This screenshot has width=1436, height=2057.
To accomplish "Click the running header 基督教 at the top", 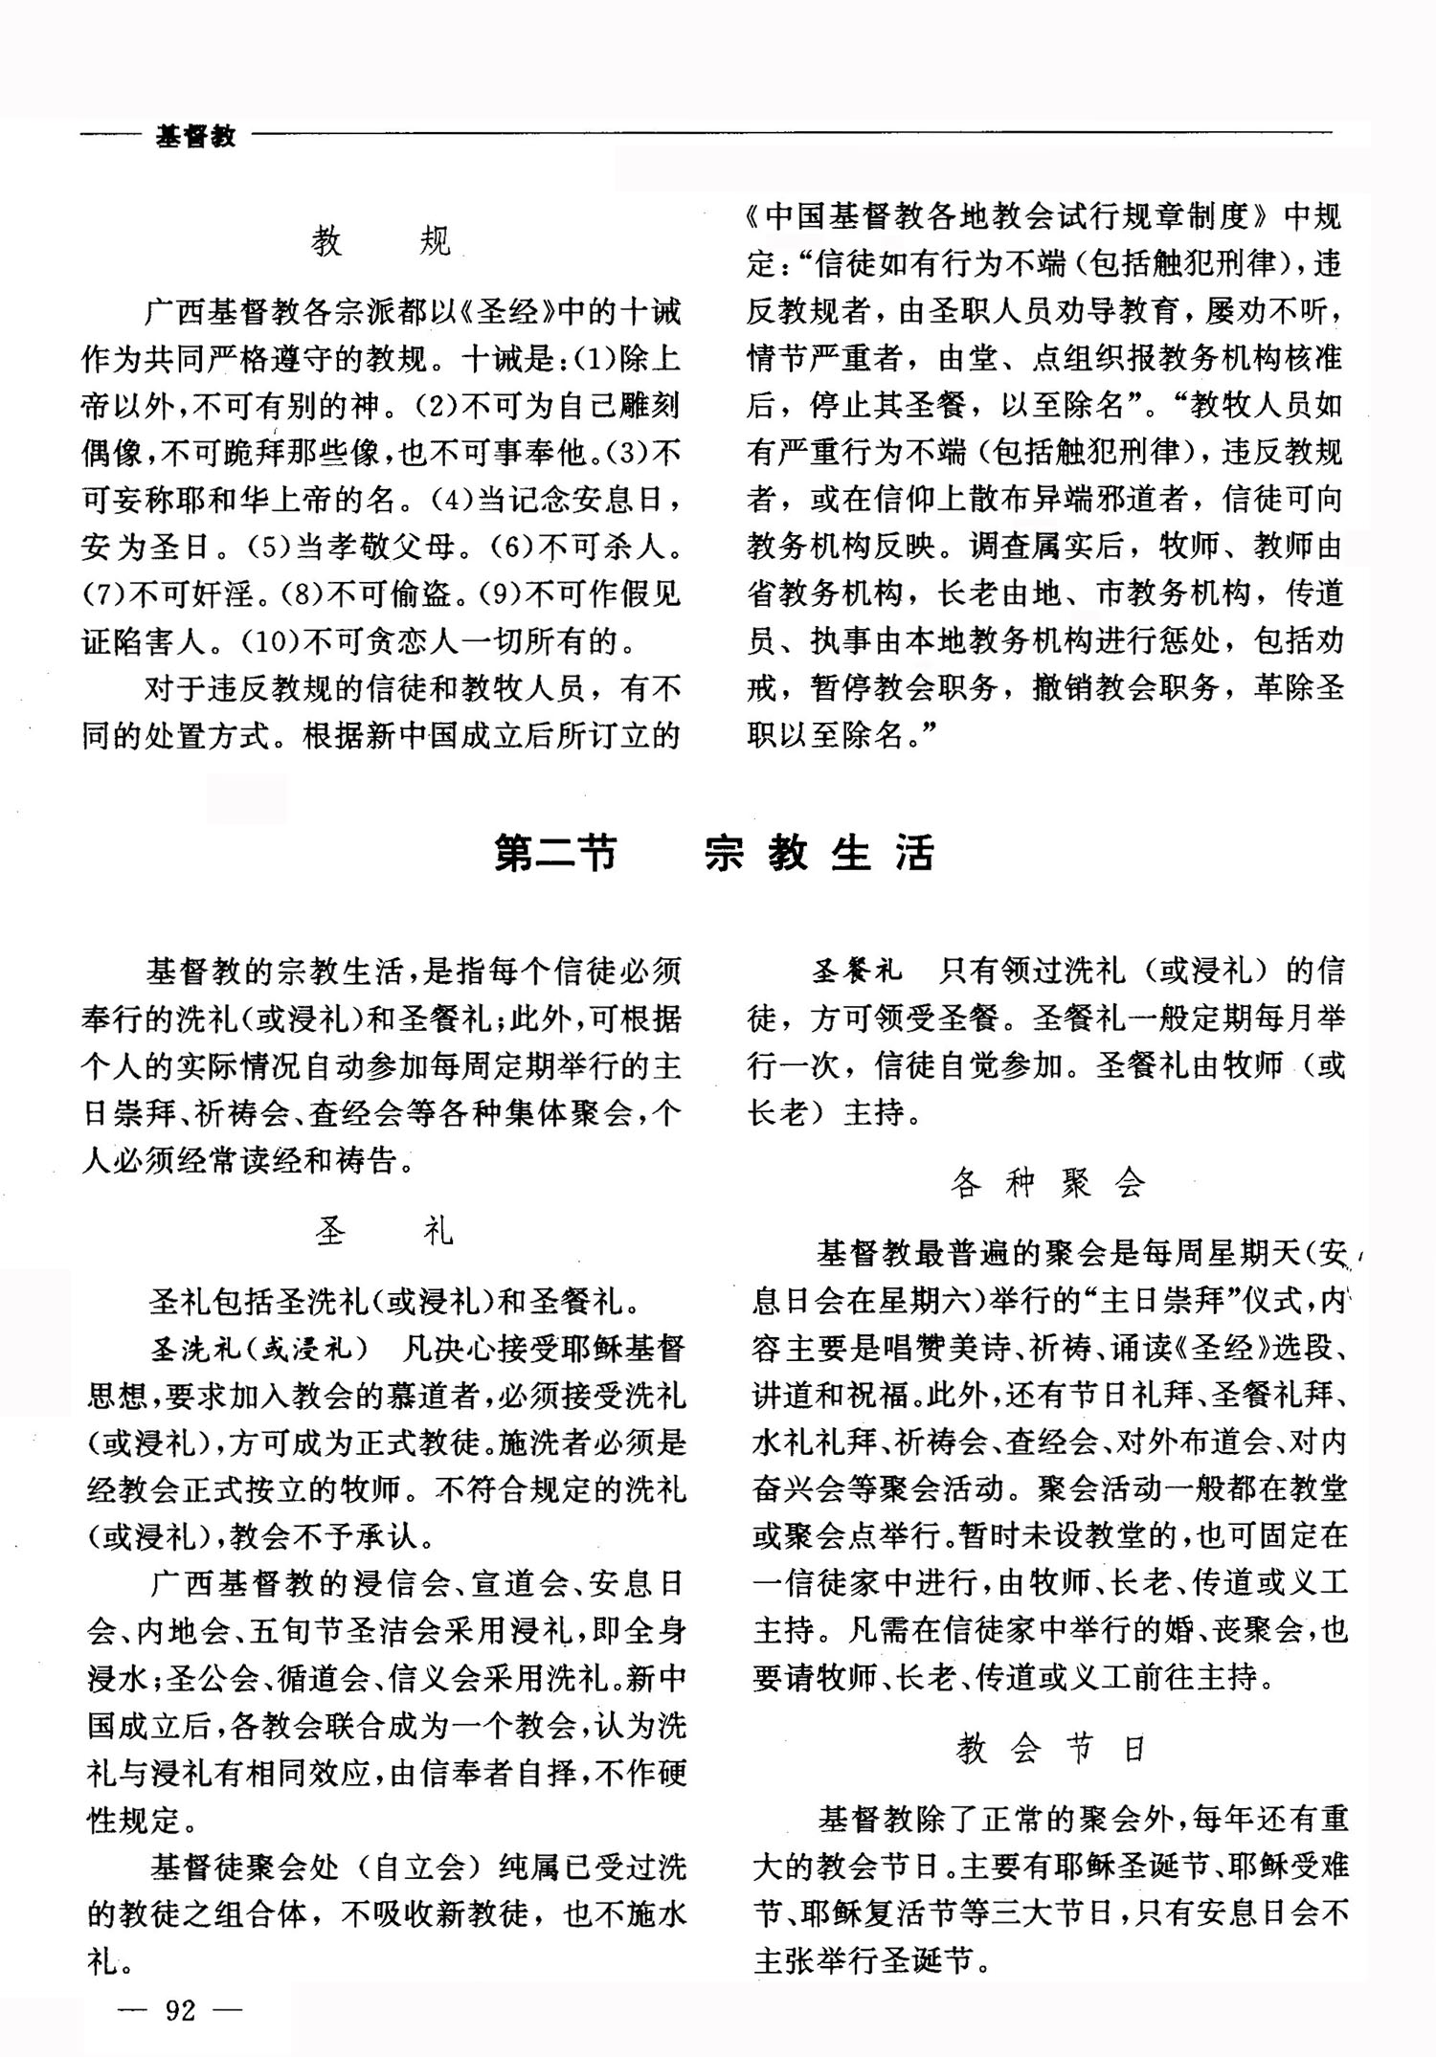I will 195,136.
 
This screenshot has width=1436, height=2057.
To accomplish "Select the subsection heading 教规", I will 380,241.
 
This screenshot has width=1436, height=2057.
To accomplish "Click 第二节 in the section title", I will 555,853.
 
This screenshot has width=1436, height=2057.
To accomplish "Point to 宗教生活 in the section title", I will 819,853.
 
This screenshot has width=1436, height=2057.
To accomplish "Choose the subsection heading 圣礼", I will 383,1231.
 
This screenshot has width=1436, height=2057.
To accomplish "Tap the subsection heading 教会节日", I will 1050,1750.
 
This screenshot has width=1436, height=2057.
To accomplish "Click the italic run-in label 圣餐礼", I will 857,972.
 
